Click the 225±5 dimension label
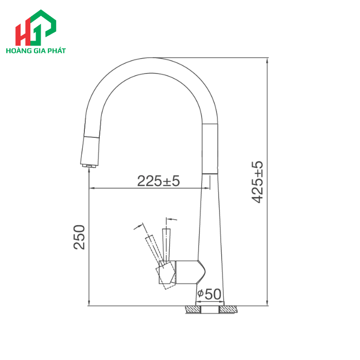click(x=158, y=181)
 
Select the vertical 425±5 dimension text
click(x=258, y=182)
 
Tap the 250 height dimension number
click(x=79, y=237)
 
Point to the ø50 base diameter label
click(x=209, y=295)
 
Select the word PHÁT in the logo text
click(x=57, y=51)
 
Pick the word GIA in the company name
click(x=40, y=51)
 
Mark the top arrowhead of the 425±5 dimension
click(x=267, y=60)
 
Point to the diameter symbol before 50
click(x=201, y=295)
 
